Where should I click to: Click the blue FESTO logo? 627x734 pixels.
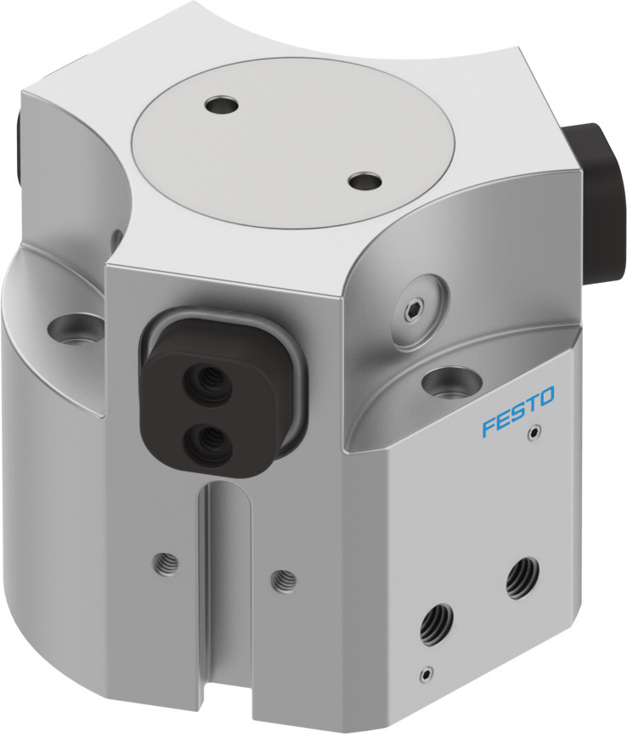pyautogui.click(x=518, y=411)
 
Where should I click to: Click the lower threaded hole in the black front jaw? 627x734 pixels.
pyautogui.click(x=206, y=439)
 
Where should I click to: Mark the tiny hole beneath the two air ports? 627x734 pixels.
pyautogui.click(x=425, y=675)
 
